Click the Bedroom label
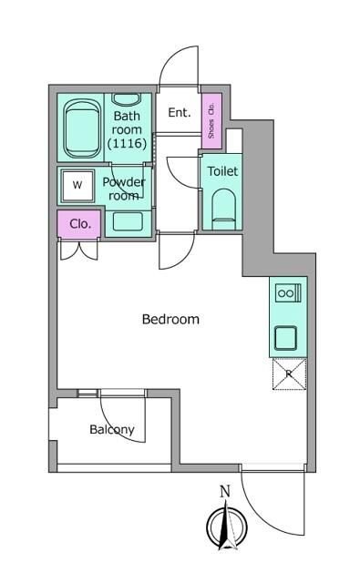(x=170, y=319)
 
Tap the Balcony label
(x=112, y=429)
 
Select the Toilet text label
(x=222, y=171)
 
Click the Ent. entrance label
(x=180, y=112)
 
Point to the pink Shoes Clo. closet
(x=211, y=121)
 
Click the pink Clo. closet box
(x=79, y=223)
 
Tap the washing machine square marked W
(x=77, y=186)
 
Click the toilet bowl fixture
(x=224, y=210)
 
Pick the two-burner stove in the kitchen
(x=288, y=292)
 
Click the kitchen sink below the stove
(x=285, y=338)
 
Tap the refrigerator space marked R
(x=289, y=374)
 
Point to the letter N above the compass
(x=224, y=492)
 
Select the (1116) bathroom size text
(x=127, y=143)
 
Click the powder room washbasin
(x=128, y=221)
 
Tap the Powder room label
(x=124, y=189)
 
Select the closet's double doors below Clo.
(x=79, y=250)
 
